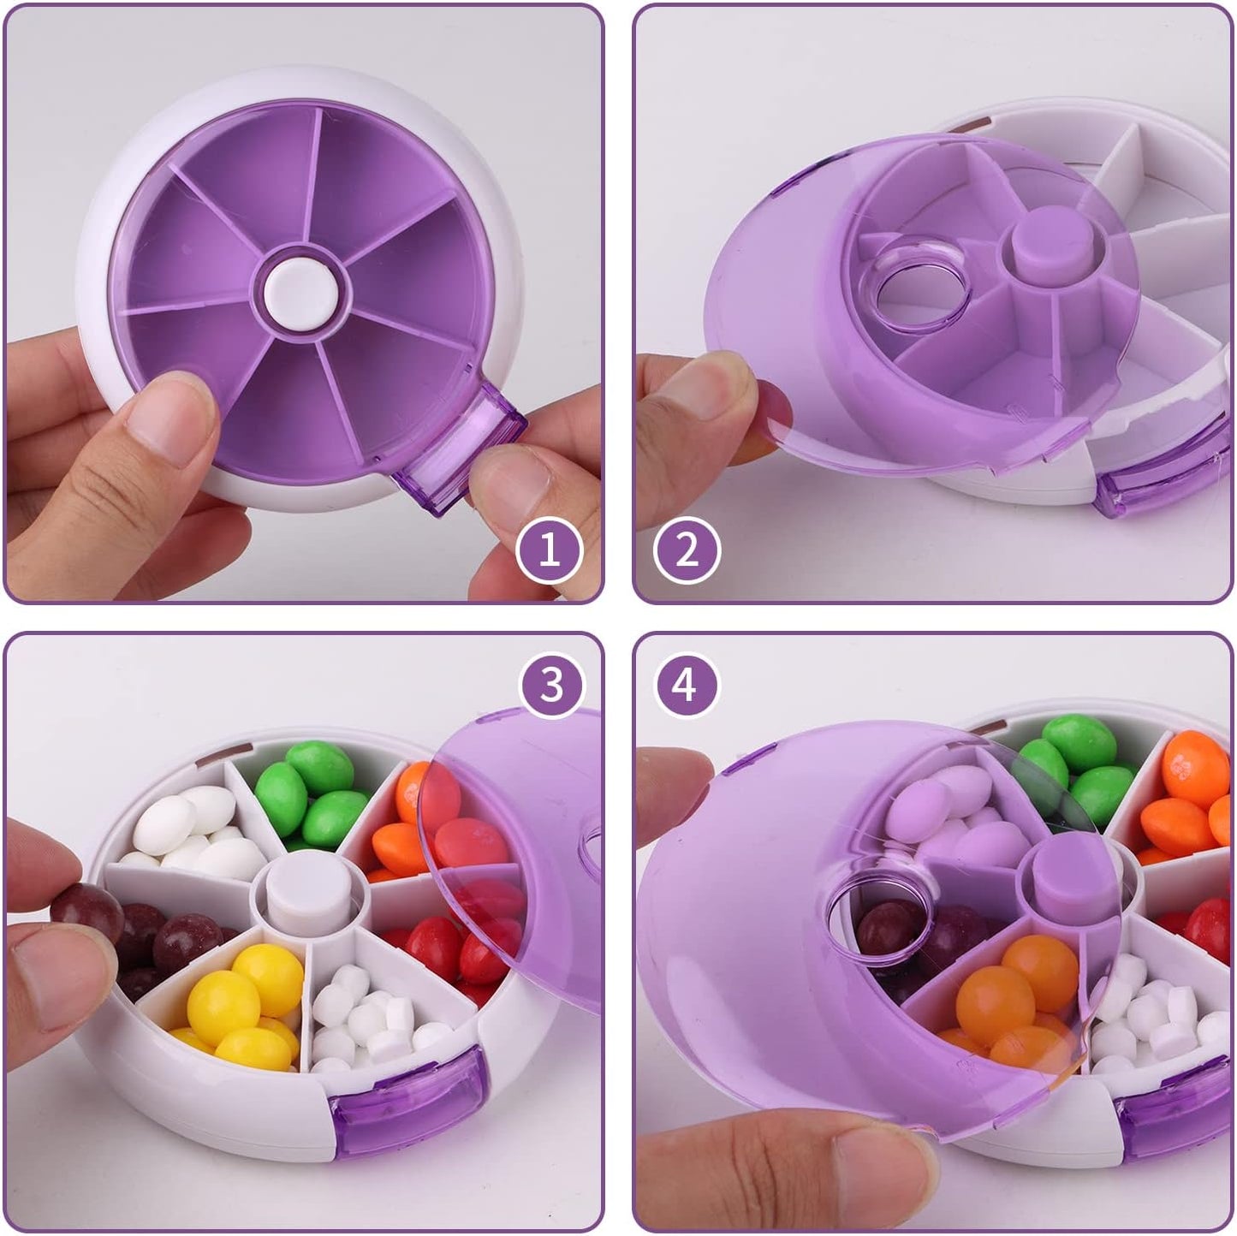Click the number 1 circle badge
(x=549, y=550)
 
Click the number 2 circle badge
(x=687, y=550)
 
